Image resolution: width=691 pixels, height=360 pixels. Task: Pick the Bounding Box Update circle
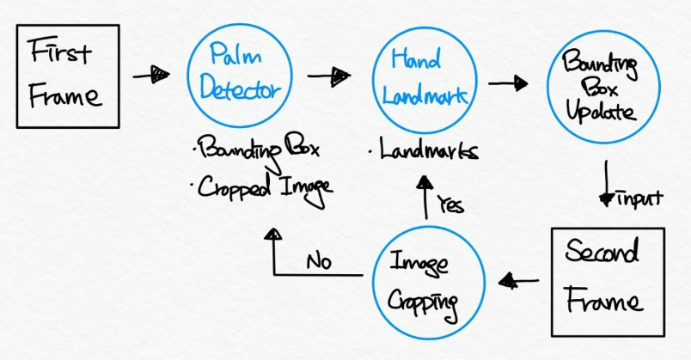pos(602,88)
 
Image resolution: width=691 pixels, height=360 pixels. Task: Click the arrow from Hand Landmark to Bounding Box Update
pos(507,83)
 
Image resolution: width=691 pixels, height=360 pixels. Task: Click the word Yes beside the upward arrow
pos(450,204)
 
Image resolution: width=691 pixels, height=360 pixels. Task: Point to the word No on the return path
pos(319,260)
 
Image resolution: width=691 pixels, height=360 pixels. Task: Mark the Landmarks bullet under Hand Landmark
pos(423,150)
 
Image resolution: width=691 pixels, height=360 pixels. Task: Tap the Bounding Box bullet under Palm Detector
pos(259,151)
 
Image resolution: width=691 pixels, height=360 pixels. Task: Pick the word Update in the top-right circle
pos(603,113)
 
